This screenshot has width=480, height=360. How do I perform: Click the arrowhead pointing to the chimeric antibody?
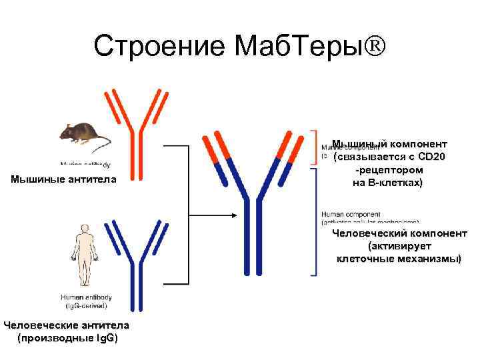233,215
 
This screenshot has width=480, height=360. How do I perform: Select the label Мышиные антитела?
63,179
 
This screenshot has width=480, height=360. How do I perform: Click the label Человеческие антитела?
65,325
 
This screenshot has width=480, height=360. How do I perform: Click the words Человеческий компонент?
399,233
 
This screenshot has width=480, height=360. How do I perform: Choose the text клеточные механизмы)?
399,258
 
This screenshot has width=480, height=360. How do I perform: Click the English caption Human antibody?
86,297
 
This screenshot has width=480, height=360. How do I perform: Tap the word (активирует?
399,246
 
